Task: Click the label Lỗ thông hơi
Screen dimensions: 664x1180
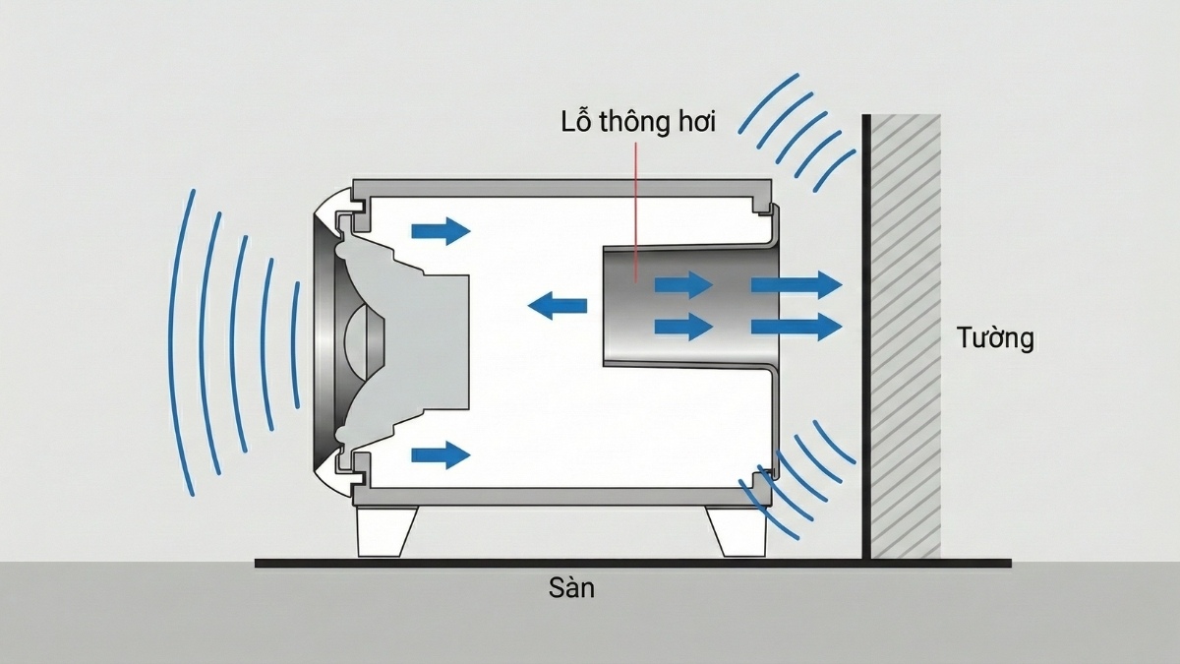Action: pos(638,123)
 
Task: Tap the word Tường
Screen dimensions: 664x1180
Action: pos(995,338)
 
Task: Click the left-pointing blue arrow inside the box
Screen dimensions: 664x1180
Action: pos(558,306)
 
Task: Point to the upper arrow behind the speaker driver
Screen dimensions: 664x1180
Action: pos(441,231)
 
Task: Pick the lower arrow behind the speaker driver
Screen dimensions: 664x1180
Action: pos(441,454)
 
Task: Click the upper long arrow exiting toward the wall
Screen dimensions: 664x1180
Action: pos(796,285)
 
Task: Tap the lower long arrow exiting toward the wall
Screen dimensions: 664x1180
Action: pos(796,326)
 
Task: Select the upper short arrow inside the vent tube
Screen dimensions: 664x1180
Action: pos(684,285)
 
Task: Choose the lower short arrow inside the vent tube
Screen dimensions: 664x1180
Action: pos(684,326)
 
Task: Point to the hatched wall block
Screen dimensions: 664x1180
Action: pos(906,334)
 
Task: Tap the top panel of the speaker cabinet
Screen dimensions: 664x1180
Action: pos(560,187)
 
